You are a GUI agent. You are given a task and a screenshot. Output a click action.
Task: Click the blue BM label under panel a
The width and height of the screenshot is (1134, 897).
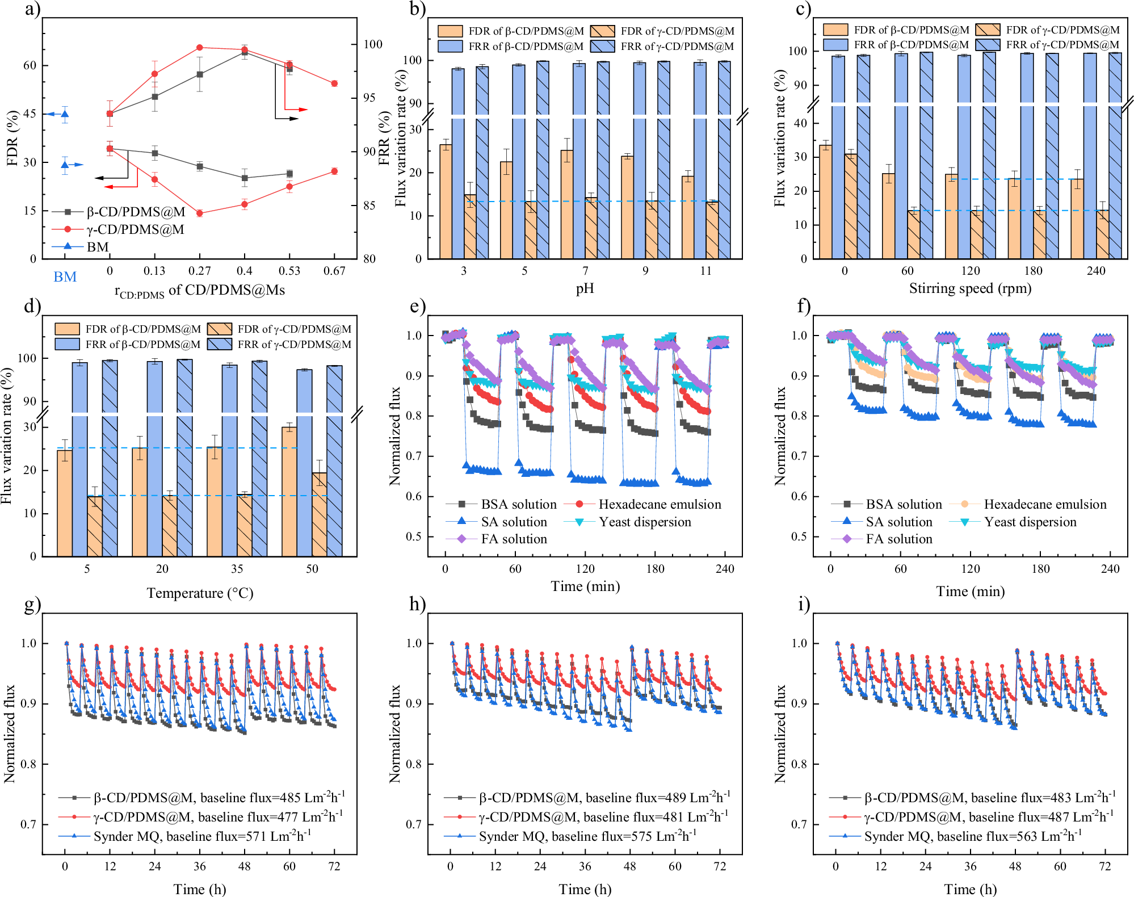point(65,276)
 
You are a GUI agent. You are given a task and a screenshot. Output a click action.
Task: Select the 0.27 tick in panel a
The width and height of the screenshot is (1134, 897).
point(199,271)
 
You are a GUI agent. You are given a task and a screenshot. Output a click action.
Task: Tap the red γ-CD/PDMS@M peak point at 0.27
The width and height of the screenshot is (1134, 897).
point(199,48)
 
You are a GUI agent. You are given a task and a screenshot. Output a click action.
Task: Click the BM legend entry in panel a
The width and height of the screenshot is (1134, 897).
point(97,247)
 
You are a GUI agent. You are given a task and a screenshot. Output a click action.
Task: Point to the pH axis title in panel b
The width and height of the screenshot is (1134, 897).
point(585,288)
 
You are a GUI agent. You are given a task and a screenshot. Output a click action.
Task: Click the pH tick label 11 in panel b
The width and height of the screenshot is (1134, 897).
point(705,271)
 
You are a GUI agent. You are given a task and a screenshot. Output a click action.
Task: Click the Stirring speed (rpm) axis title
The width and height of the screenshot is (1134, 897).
point(970,288)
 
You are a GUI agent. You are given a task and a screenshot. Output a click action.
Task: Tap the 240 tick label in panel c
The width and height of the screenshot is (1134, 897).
point(1095,271)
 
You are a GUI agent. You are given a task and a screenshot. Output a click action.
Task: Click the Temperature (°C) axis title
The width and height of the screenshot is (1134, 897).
point(200,593)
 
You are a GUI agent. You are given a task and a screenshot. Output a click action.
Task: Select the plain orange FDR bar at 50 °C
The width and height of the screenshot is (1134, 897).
point(289,492)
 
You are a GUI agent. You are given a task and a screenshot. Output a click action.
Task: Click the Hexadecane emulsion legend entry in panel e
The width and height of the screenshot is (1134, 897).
point(659,504)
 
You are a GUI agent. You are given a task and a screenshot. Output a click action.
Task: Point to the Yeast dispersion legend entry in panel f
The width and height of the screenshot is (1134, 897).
point(1030,522)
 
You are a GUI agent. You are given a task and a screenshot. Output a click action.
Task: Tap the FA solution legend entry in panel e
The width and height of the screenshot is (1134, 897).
point(514,539)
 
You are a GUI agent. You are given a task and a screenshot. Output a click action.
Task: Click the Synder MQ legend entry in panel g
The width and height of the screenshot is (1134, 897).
point(201,836)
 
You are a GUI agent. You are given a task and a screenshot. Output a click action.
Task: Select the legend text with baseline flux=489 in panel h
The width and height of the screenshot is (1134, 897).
point(604,798)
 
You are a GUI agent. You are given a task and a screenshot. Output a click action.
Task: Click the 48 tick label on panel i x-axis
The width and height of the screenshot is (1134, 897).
point(1015,866)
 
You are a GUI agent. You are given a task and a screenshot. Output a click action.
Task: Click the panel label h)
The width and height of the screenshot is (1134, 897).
point(417,604)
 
